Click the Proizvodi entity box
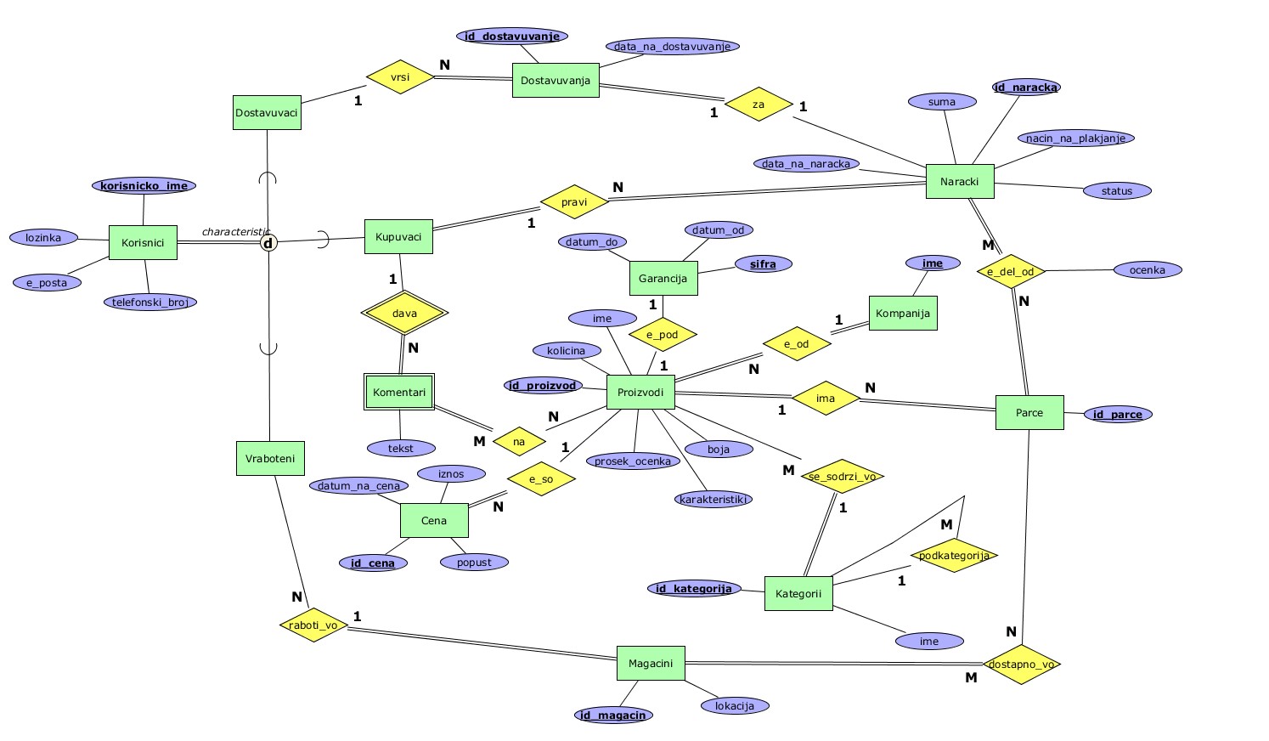pos(640,393)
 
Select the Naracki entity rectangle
pos(960,182)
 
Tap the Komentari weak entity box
pos(399,393)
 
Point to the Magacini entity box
pos(651,664)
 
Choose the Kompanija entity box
pos(903,314)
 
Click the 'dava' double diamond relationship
pos(404,314)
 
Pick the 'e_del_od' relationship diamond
pos(1011,272)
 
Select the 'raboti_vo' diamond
pos(313,625)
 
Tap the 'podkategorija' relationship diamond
pos(954,556)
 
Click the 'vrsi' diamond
pos(400,77)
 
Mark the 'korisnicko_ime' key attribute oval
pos(144,186)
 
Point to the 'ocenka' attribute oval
pos(1148,270)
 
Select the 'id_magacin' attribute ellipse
pos(612,716)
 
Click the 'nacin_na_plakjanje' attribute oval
pos(1075,139)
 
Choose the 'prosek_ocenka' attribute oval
pos(633,461)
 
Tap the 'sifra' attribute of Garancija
pos(763,264)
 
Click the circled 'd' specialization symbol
pos(268,244)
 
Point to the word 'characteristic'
pos(234,232)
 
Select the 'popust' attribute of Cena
pos(474,563)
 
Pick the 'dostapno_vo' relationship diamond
pos(1021,665)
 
